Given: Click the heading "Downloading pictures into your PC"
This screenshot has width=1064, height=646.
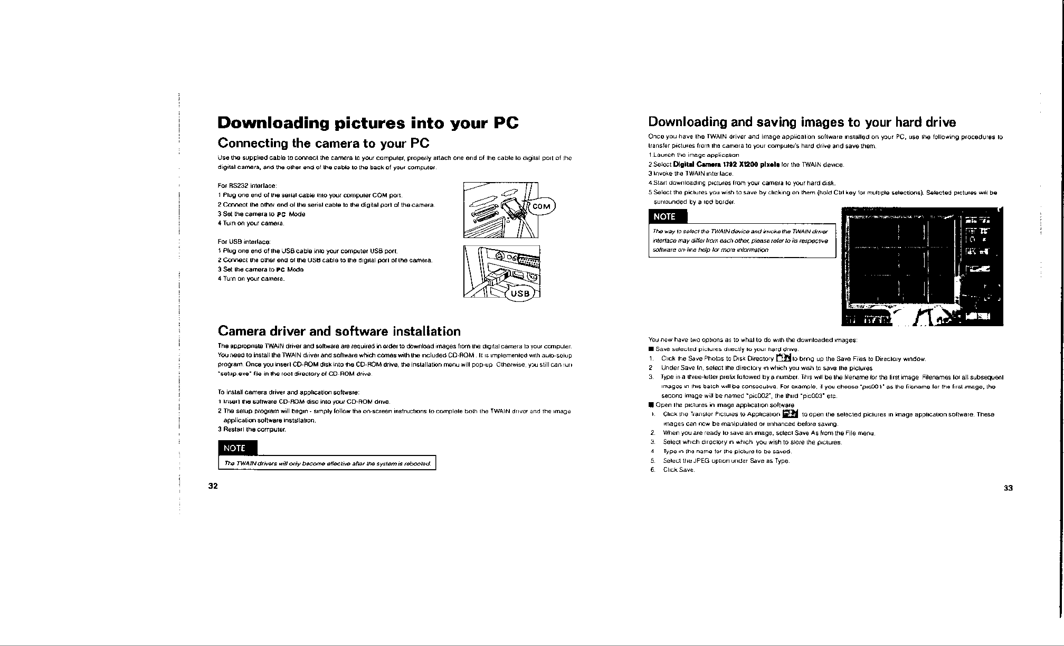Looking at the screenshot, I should point(368,123).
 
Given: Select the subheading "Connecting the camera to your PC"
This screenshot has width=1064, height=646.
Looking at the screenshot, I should point(324,144).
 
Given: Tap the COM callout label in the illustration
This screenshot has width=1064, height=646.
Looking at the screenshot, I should point(540,206).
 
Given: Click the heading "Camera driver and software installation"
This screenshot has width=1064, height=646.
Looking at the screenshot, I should point(339,331).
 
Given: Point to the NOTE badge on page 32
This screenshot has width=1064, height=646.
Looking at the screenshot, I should point(235,448).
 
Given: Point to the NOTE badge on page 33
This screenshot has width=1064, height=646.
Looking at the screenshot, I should point(665,217).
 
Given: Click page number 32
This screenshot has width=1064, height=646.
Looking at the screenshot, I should point(213,486).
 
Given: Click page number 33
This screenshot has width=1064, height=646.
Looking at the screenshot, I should point(1008,488).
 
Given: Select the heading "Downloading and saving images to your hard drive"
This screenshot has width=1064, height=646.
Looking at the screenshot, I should point(802,123).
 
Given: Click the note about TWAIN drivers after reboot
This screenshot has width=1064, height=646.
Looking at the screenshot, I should point(327,464).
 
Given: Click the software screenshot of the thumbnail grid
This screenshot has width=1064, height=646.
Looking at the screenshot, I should point(921,267).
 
